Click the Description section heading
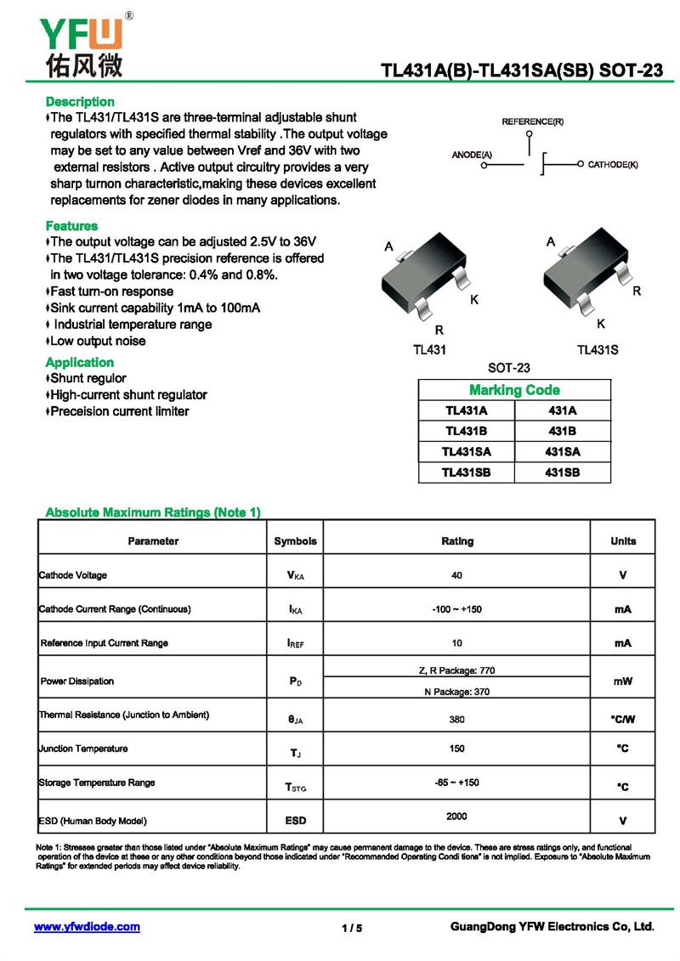[x=80, y=102]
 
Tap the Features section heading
[x=71, y=226]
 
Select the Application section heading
[x=80, y=362]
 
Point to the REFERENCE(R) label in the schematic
[x=532, y=122]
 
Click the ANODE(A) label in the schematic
[x=472, y=155]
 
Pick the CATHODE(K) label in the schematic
[x=613, y=163]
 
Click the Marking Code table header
[x=514, y=390]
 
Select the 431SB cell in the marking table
[x=562, y=472]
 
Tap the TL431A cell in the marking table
[x=466, y=410]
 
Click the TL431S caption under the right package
[x=598, y=350]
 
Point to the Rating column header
[x=457, y=541]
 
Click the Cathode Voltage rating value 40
[x=457, y=575]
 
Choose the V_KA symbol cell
[x=295, y=576]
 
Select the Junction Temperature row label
[x=83, y=749]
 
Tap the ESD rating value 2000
[x=456, y=817]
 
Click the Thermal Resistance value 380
[x=457, y=719]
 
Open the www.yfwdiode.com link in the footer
[x=87, y=927]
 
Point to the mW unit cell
[x=623, y=681]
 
